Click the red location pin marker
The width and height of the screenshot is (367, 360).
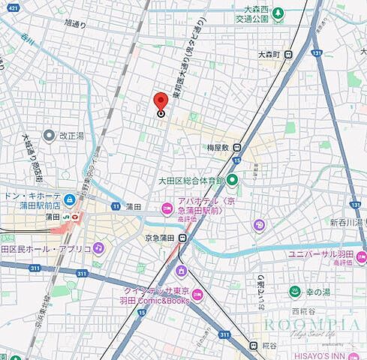click(161, 103)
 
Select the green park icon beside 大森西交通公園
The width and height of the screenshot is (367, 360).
click(278, 13)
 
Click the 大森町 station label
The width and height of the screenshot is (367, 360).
click(268, 55)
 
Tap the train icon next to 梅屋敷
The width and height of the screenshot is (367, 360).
click(237, 148)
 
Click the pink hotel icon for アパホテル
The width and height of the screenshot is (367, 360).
click(166, 208)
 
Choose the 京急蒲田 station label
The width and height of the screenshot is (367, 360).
click(160, 238)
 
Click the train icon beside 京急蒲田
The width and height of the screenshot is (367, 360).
click(182, 238)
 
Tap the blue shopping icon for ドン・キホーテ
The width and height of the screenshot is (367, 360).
click(69, 199)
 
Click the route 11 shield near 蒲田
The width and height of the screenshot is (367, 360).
click(116, 205)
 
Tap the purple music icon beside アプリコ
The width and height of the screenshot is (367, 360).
click(98, 247)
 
